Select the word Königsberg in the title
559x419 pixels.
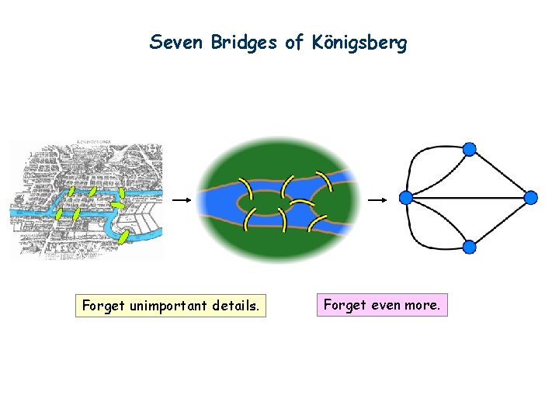click(x=358, y=43)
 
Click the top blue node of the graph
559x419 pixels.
click(x=469, y=149)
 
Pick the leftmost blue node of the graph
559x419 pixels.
click(x=405, y=198)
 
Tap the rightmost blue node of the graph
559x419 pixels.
click(x=531, y=198)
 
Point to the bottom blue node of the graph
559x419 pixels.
click(x=469, y=248)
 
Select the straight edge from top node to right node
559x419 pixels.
click(x=501, y=174)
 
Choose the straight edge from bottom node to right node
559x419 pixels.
click(x=501, y=223)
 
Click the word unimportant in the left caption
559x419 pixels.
click(x=163, y=306)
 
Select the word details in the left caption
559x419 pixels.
click(x=234, y=306)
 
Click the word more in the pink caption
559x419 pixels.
click(x=422, y=305)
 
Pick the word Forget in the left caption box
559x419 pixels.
click(x=102, y=306)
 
